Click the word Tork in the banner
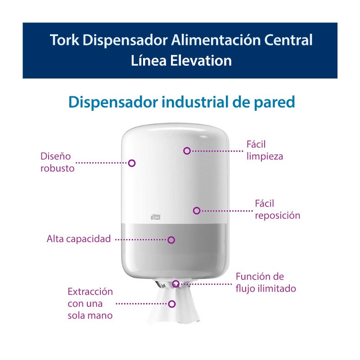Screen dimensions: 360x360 point(64,40)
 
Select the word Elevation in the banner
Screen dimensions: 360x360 point(201,61)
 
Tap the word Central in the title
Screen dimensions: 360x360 point(288,40)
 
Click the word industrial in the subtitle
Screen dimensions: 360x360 point(195,102)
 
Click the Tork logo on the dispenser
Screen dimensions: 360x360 point(155,217)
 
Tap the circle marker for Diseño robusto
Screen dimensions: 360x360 point(132,163)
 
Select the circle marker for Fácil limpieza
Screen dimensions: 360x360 point(187,151)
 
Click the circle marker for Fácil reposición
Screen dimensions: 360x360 point(197,211)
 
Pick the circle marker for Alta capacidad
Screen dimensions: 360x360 point(171,240)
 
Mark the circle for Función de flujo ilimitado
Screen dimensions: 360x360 point(175,284)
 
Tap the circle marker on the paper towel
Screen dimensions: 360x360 point(172,304)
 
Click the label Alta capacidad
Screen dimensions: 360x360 point(79,239)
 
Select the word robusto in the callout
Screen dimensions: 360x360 point(58,168)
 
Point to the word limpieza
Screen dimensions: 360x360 point(265,157)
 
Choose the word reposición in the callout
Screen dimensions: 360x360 point(278,216)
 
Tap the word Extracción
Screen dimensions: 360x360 point(90,292)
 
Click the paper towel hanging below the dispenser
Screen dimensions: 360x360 point(173,306)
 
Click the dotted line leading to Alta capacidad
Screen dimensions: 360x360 point(141,240)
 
